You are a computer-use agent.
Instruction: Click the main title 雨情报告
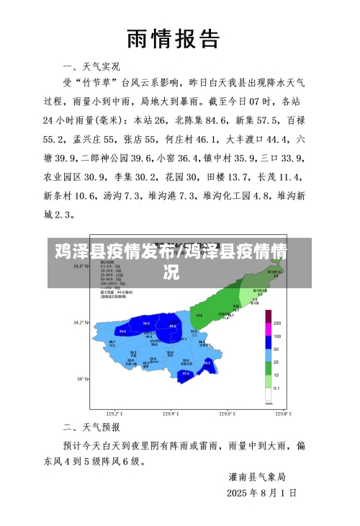coord(173,39)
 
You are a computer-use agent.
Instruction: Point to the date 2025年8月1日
coord(261,494)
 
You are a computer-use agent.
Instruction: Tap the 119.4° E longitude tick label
coord(171,414)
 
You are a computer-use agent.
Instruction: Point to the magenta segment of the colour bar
coord(269,316)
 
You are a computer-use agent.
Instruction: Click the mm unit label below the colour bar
coord(269,404)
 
